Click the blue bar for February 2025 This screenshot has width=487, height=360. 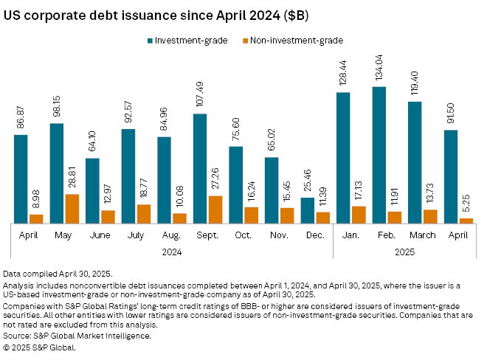pyautogui.click(x=379, y=154)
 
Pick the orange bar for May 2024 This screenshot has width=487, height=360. pyautogui.click(x=72, y=207)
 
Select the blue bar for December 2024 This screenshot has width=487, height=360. pyautogui.click(x=308, y=210)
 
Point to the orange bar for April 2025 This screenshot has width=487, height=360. pyautogui.click(x=466, y=219)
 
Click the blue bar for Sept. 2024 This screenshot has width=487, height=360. pyautogui.click(x=200, y=167)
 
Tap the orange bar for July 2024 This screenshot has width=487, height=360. pyautogui.click(x=144, y=212)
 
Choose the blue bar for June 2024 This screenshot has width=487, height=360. pyautogui.click(x=92, y=190)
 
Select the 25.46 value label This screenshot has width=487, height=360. pyautogui.click(x=308, y=181)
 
